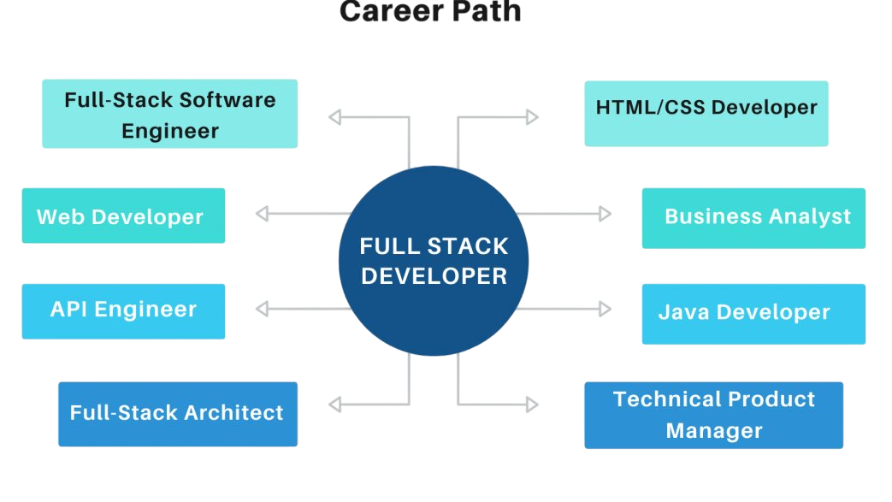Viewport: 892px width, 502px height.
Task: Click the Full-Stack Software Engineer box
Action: (x=169, y=114)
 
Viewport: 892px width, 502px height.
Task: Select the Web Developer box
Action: (x=123, y=216)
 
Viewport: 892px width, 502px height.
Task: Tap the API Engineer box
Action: (x=123, y=310)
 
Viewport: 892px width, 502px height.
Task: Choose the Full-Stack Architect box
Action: (x=177, y=414)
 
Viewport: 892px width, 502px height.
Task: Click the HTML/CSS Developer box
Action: (x=706, y=113)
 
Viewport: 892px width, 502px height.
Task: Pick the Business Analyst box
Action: (x=753, y=218)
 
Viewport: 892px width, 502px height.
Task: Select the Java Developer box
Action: (x=753, y=314)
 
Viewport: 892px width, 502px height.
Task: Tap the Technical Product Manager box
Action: (x=713, y=415)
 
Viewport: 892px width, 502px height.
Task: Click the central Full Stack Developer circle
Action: (x=434, y=261)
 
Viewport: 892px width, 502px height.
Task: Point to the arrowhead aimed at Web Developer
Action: (x=263, y=214)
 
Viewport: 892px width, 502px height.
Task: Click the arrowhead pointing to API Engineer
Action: (x=263, y=309)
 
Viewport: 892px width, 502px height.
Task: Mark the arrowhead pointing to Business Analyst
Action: (x=605, y=214)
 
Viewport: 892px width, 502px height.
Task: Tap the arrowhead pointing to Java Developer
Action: (x=605, y=309)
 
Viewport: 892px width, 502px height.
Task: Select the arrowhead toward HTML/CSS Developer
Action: (x=532, y=117)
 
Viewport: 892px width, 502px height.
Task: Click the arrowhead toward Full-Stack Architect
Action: (x=335, y=404)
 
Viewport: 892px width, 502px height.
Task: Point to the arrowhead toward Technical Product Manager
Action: (x=532, y=404)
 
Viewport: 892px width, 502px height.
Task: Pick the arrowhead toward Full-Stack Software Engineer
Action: (x=335, y=117)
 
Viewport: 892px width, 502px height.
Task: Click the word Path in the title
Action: (x=484, y=12)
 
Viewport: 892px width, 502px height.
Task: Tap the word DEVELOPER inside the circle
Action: (x=434, y=276)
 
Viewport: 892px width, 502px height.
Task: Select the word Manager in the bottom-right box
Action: (x=713, y=431)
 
